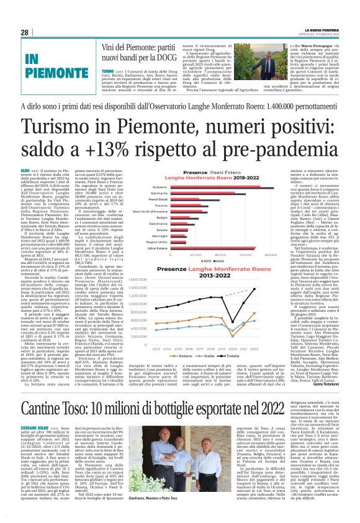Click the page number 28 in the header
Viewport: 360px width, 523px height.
click(24, 32)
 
